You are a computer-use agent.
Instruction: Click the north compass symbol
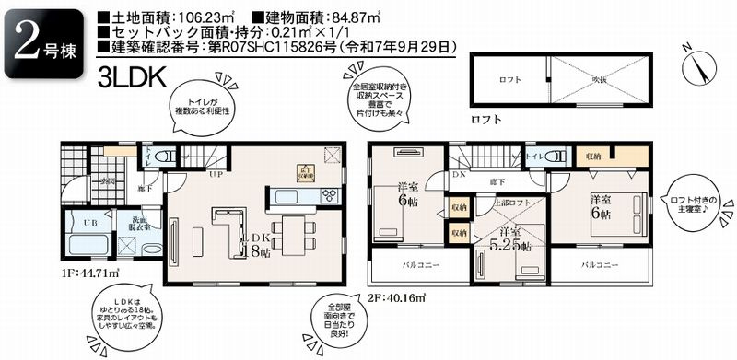tap(696, 65)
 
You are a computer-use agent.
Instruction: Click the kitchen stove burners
tap(330, 195)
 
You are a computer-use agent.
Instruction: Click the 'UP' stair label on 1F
tap(214, 173)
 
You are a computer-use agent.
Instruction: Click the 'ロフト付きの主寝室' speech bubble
tap(698, 197)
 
